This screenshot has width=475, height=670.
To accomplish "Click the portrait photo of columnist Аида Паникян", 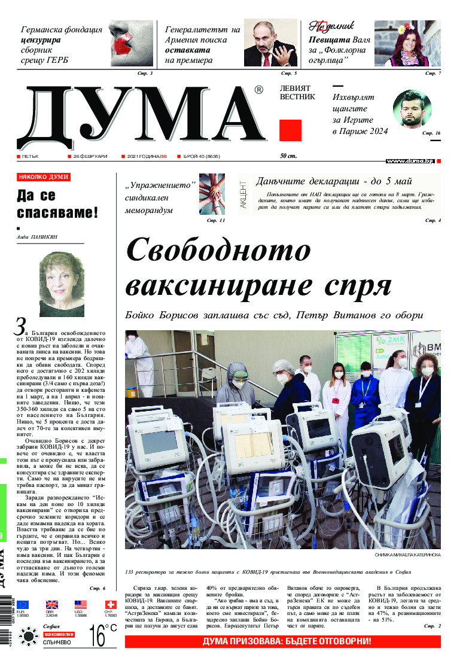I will [62, 284].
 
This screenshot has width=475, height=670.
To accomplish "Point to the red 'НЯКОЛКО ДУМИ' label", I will [44, 177].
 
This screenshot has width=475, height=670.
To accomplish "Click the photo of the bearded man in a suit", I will [270, 43].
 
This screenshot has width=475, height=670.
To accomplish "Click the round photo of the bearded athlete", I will [412, 109].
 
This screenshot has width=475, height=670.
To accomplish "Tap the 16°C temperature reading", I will [103, 635].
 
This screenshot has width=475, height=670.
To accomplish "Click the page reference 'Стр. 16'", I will [431, 133].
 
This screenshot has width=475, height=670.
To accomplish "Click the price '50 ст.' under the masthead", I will [288, 156].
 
